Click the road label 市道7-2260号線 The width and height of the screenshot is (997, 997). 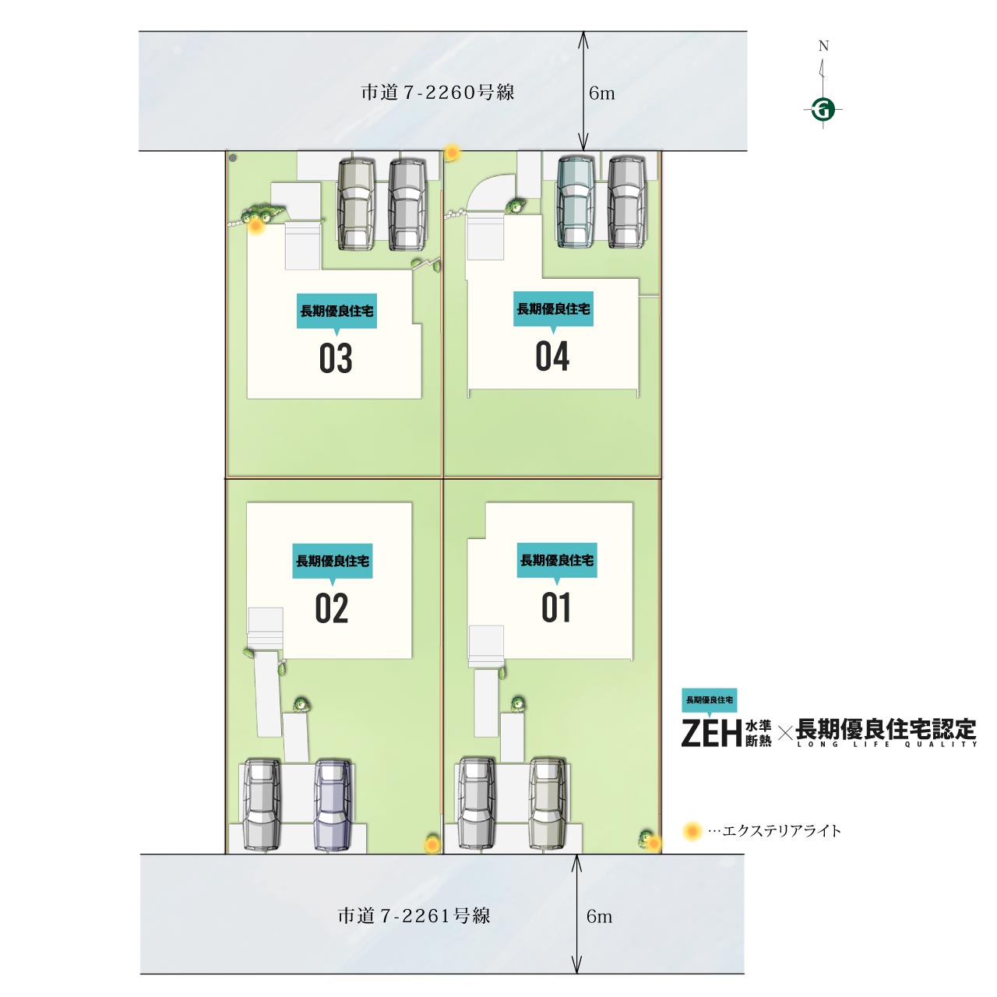click(437, 92)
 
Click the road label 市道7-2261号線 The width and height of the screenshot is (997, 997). click(414, 916)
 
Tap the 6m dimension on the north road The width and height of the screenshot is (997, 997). click(602, 93)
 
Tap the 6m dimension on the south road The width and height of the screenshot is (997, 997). click(599, 916)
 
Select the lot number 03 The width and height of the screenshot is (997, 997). click(336, 358)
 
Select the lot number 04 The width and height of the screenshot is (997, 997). click(552, 356)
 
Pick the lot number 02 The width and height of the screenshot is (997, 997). click(332, 608)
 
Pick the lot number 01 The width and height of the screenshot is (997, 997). click(555, 607)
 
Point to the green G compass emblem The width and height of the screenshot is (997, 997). click(823, 109)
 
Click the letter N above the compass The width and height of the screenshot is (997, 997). click(823, 46)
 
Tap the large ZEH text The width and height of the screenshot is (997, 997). click(711, 733)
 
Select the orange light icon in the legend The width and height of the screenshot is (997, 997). click(692, 831)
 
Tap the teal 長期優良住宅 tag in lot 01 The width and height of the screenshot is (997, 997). click(557, 560)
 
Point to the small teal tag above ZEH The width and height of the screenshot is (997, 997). click(710, 700)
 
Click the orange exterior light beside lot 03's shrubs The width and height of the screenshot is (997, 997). click(255, 226)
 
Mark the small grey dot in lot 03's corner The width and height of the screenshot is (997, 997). click(233, 158)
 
